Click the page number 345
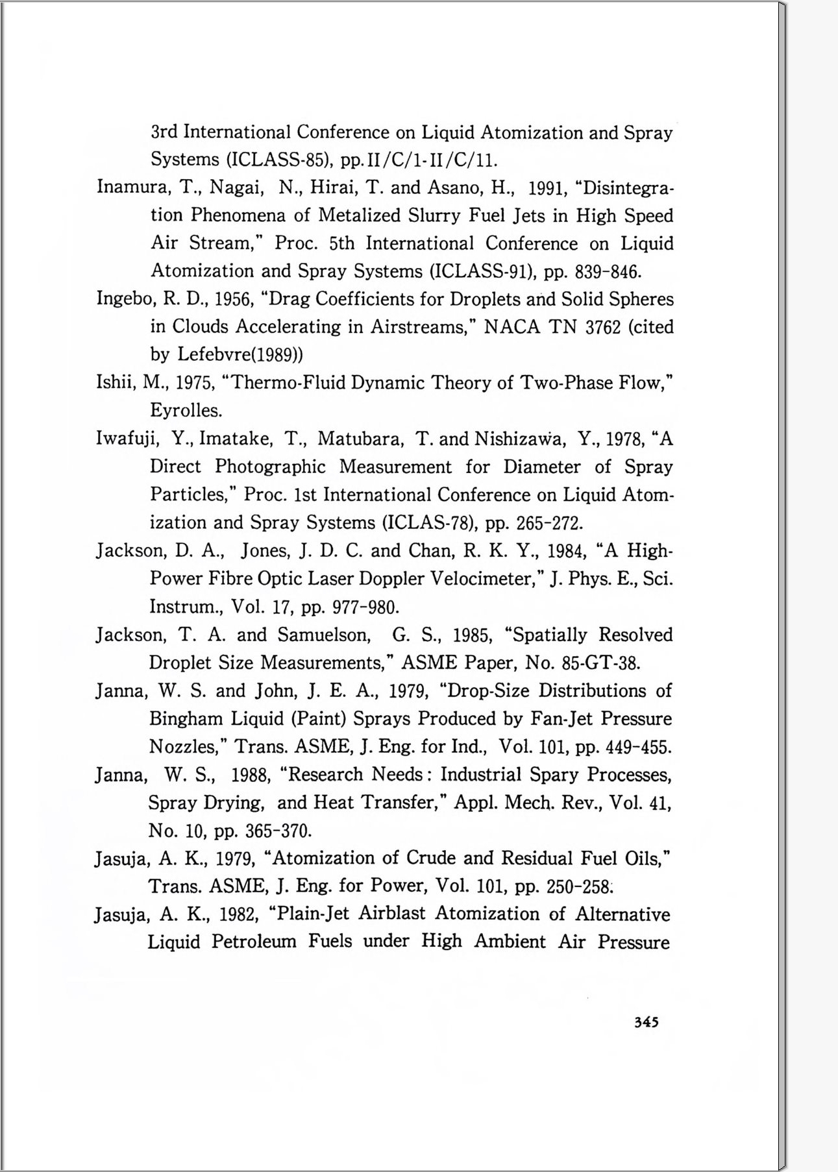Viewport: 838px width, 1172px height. (x=646, y=1022)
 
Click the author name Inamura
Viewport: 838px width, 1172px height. (x=132, y=188)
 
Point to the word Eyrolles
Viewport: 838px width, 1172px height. (x=186, y=411)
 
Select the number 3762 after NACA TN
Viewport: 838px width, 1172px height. (x=603, y=327)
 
